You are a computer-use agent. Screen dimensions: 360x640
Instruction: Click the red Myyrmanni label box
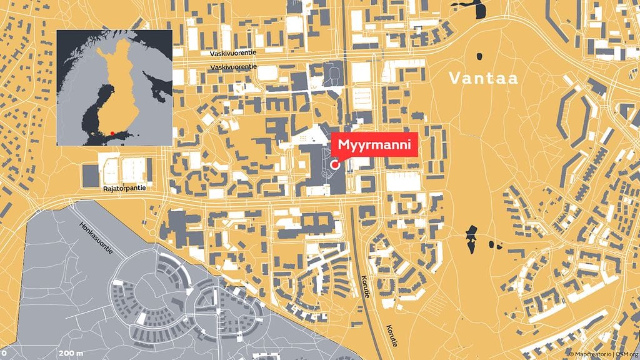[x=374, y=146]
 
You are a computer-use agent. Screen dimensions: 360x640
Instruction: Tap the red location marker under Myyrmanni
[x=335, y=164]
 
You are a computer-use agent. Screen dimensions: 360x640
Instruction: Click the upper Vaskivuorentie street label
[x=234, y=54]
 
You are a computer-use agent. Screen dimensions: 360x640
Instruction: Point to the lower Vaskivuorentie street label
[x=234, y=67]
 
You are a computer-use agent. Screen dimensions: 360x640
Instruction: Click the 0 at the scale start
[x=4, y=354]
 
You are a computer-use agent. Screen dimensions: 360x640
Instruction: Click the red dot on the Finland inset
[x=112, y=132]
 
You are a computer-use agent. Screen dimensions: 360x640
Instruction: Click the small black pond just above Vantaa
[x=480, y=56]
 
